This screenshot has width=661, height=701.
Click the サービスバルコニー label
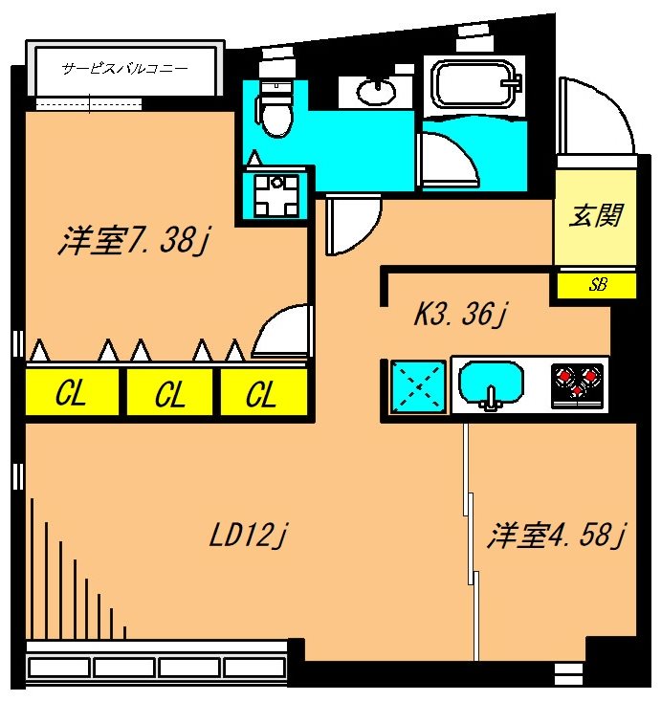pyautogui.click(x=124, y=69)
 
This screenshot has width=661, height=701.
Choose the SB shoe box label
pyautogui.click(x=598, y=284)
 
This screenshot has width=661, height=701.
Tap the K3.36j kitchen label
pyautogui.click(x=458, y=314)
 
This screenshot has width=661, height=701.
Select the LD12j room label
pyautogui.click(x=249, y=536)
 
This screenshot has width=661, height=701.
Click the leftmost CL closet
pyautogui.click(x=73, y=393)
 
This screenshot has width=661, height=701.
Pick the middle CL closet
pyautogui.click(x=170, y=393)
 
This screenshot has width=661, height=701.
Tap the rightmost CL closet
pyautogui.click(x=261, y=393)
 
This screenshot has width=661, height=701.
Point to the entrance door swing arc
pyautogui.click(x=595, y=115)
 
